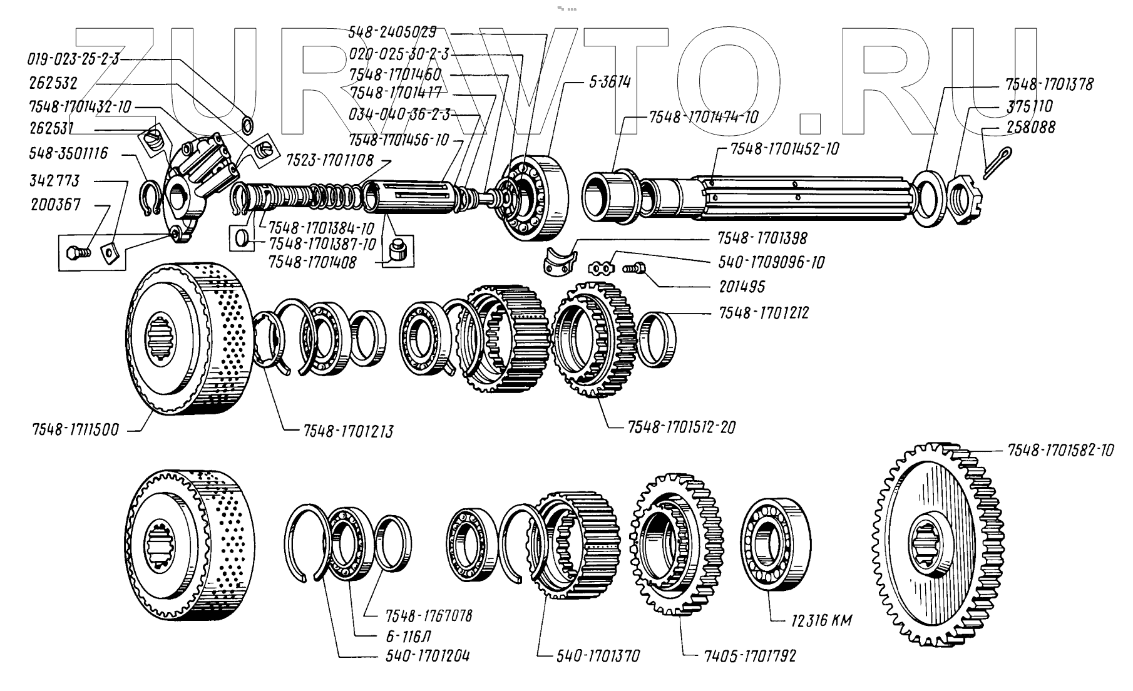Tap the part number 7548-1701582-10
pyautogui.click(x=1060, y=451)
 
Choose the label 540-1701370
pyautogui.click(x=598, y=656)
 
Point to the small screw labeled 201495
pyautogui.click(x=633, y=269)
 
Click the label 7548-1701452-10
pyautogui.click(x=784, y=149)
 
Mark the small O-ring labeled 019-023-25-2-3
pyautogui.click(x=247, y=125)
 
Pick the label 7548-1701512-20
pyautogui.click(x=681, y=427)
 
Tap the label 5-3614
pyautogui.click(x=609, y=83)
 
